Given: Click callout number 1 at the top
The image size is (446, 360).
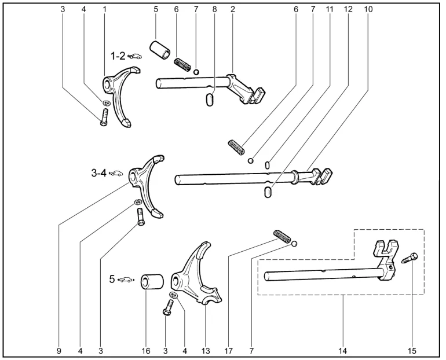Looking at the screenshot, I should click(x=105, y=9).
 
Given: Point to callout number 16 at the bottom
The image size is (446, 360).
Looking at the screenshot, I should click(x=146, y=351).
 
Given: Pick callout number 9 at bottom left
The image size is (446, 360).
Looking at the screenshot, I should click(x=59, y=351).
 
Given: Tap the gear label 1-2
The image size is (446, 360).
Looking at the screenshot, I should click(x=118, y=56).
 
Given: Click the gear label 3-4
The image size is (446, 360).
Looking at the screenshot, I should click(x=98, y=172).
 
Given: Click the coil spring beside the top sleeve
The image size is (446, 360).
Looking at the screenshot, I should click(x=182, y=62).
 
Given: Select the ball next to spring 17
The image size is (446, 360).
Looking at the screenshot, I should click(x=295, y=244).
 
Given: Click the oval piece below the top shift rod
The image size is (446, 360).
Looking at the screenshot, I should click(x=210, y=100).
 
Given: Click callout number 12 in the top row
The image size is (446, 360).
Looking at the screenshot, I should click(x=347, y=9).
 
